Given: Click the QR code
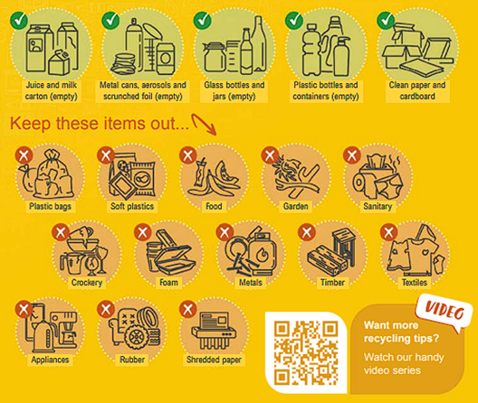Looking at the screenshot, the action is (x=305, y=352).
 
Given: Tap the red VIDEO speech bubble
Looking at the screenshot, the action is (x=445, y=311).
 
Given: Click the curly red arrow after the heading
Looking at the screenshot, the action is (x=204, y=124).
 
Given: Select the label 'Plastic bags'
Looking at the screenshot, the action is (x=51, y=206).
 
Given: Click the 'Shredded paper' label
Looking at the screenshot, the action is (x=214, y=360).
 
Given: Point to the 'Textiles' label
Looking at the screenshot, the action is (x=415, y=283).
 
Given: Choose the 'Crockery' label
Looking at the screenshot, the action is (x=87, y=283).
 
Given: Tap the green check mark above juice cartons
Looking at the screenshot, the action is (x=19, y=21).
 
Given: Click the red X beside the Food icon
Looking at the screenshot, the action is (x=188, y=155).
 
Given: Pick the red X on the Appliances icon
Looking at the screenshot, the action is (x=24, y=309).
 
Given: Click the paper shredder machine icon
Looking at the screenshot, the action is (x=214, y=330).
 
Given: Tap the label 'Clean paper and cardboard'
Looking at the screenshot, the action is (x=417, y=90).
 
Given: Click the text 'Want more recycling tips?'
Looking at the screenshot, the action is (x=401, y=332).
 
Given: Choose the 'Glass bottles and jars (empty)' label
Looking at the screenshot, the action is (x=234, y=90).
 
